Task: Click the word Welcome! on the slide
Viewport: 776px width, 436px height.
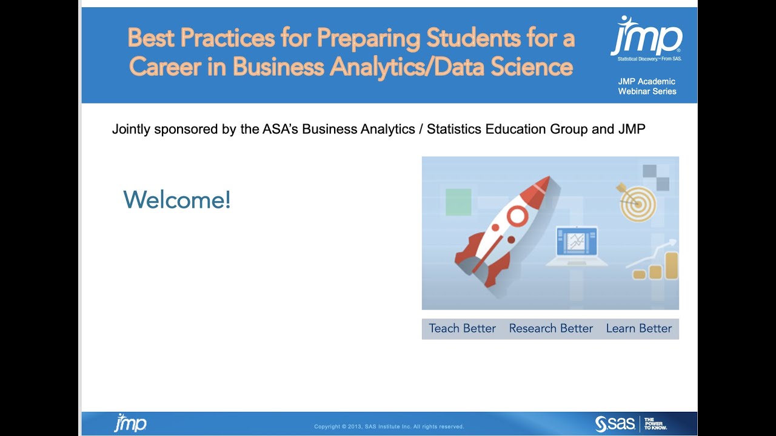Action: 177,200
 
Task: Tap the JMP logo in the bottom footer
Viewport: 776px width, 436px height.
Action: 130,423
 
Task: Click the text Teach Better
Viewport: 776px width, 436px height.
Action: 462,328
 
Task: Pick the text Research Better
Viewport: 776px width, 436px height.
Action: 550,328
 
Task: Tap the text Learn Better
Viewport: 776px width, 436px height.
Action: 638,328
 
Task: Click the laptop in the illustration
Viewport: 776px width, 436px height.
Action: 577,245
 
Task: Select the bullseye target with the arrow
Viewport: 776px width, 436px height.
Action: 638,203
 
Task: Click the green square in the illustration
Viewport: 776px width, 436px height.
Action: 458,202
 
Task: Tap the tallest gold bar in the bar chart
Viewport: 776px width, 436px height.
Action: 671,266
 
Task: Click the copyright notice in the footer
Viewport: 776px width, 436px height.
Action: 389,427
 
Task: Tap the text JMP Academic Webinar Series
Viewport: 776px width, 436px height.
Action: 647,86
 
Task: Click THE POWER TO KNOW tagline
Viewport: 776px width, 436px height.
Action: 655,423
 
